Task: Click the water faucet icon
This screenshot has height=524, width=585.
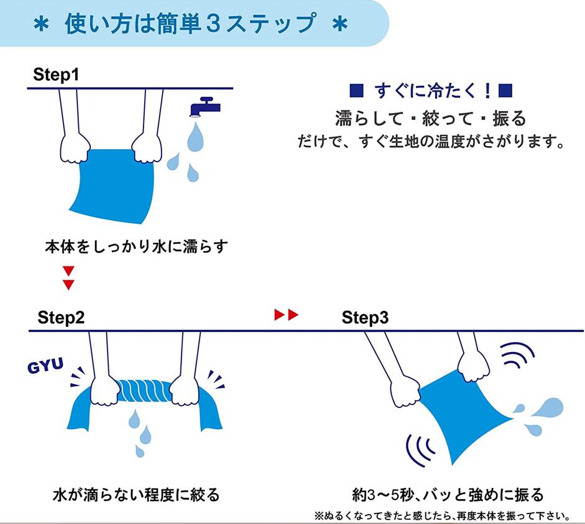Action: coord(205,107)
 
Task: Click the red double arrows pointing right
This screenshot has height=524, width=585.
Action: coord(287,315)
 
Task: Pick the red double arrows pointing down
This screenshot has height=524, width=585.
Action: coord(68,278)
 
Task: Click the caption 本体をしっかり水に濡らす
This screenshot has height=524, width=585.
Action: coord(136,246)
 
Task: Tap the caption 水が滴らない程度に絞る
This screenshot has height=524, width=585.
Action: coord(136,495)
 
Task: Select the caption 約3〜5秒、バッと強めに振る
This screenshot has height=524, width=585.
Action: coord(448,495)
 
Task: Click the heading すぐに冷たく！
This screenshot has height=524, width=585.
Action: coord(431,92)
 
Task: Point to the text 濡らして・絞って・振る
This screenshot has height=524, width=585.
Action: coord(430,117)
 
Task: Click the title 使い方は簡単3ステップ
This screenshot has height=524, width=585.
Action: coord(190,24)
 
